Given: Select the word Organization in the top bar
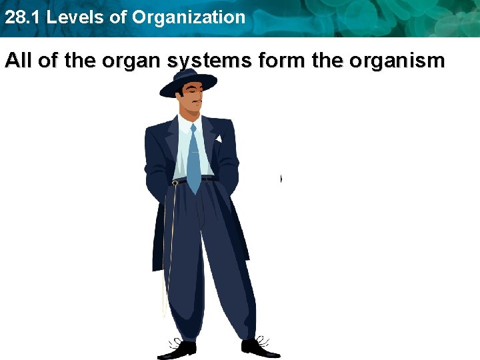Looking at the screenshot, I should [189, 17].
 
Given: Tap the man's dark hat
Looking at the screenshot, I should [189, 79].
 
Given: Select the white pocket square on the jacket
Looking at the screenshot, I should [217, 139].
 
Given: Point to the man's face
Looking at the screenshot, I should [191, 99].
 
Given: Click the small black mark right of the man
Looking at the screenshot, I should [281, 179].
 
